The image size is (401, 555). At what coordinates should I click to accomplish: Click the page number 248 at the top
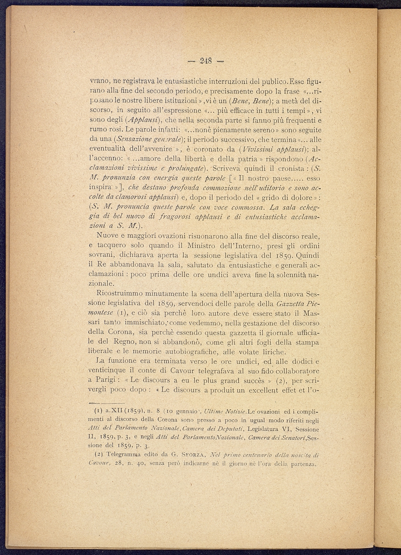(207, 61)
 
